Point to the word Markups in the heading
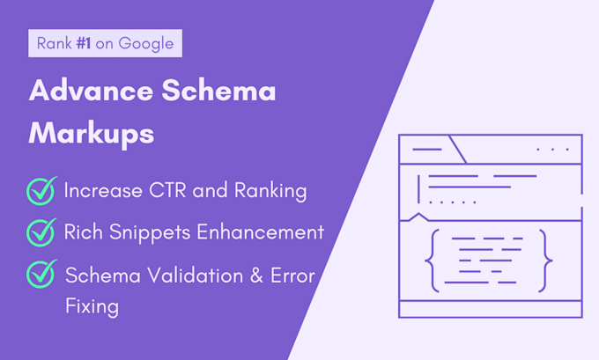(92, 133)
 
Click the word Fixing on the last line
(92, 308)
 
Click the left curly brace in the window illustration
(431, 261)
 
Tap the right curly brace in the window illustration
(548, 261)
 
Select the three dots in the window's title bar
(552, 150)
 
